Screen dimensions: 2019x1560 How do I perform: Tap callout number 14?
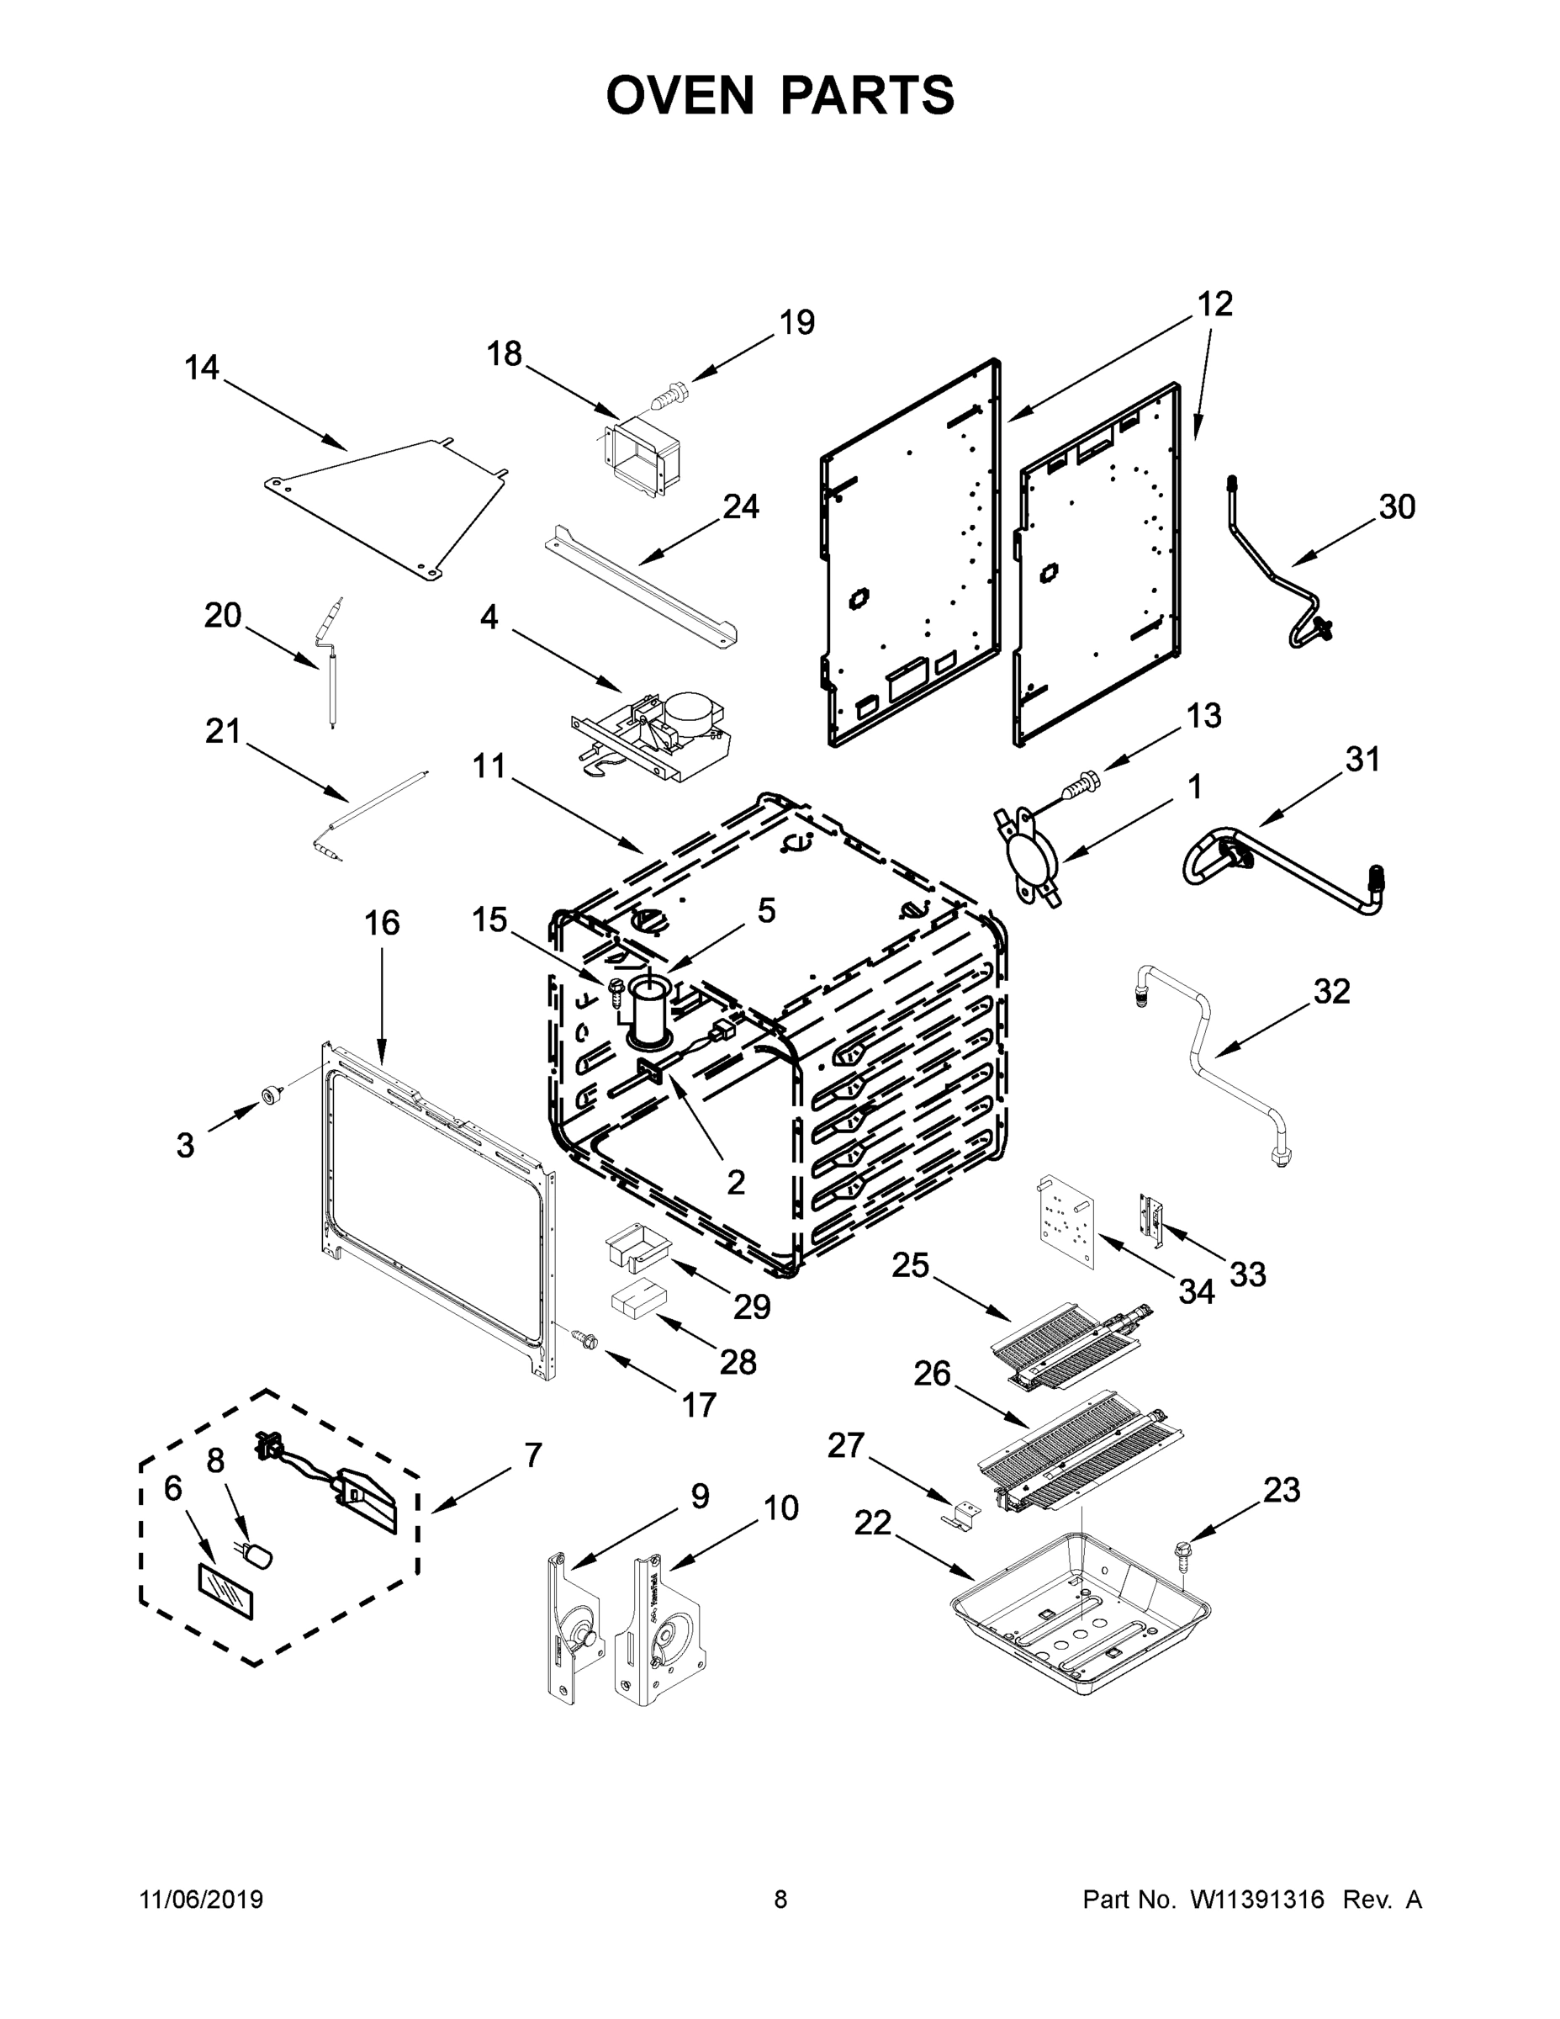point(202,368)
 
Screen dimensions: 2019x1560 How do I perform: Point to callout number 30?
point(1396,506)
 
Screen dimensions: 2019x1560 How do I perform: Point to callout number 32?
point(1332,992)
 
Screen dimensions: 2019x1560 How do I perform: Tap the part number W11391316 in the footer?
point(1256,1900)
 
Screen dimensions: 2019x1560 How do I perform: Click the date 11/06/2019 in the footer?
point(202,1900)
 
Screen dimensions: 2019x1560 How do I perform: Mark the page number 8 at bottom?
point(780,1900)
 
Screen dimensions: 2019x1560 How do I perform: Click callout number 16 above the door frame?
point(382,923)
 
